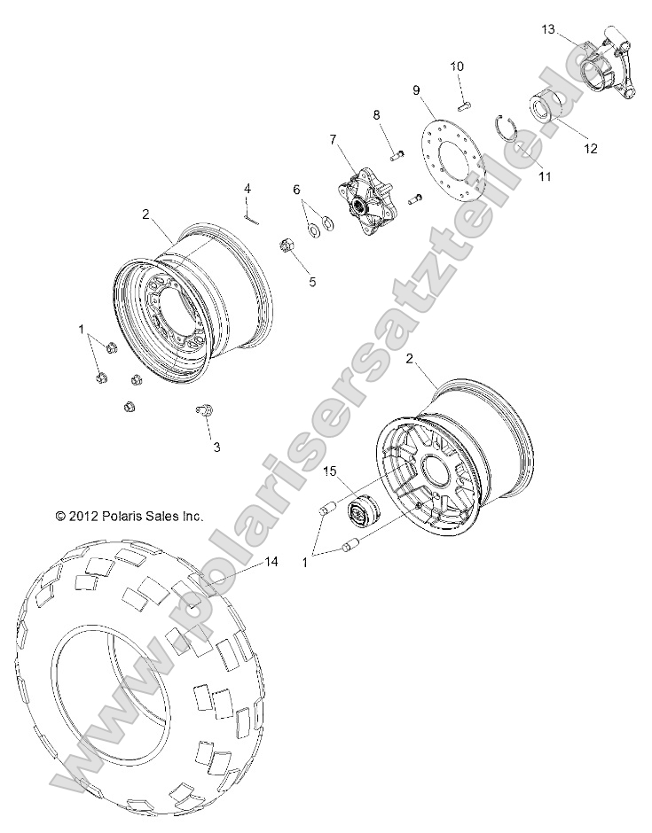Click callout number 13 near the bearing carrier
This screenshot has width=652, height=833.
(548, 29)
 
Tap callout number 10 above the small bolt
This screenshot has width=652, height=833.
(456, 66)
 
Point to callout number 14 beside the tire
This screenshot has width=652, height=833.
(271, 562)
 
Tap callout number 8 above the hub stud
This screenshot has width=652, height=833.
(376, 115)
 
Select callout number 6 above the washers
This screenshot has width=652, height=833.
(297, 189)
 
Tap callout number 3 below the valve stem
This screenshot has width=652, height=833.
(216, 448)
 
